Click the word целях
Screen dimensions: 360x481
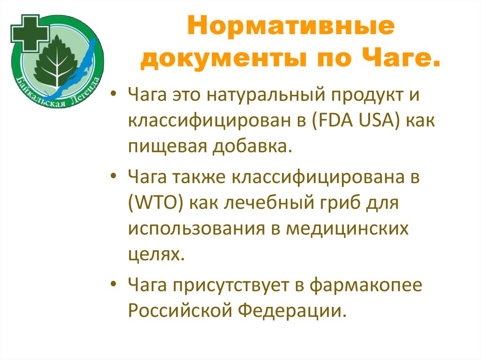153,255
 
